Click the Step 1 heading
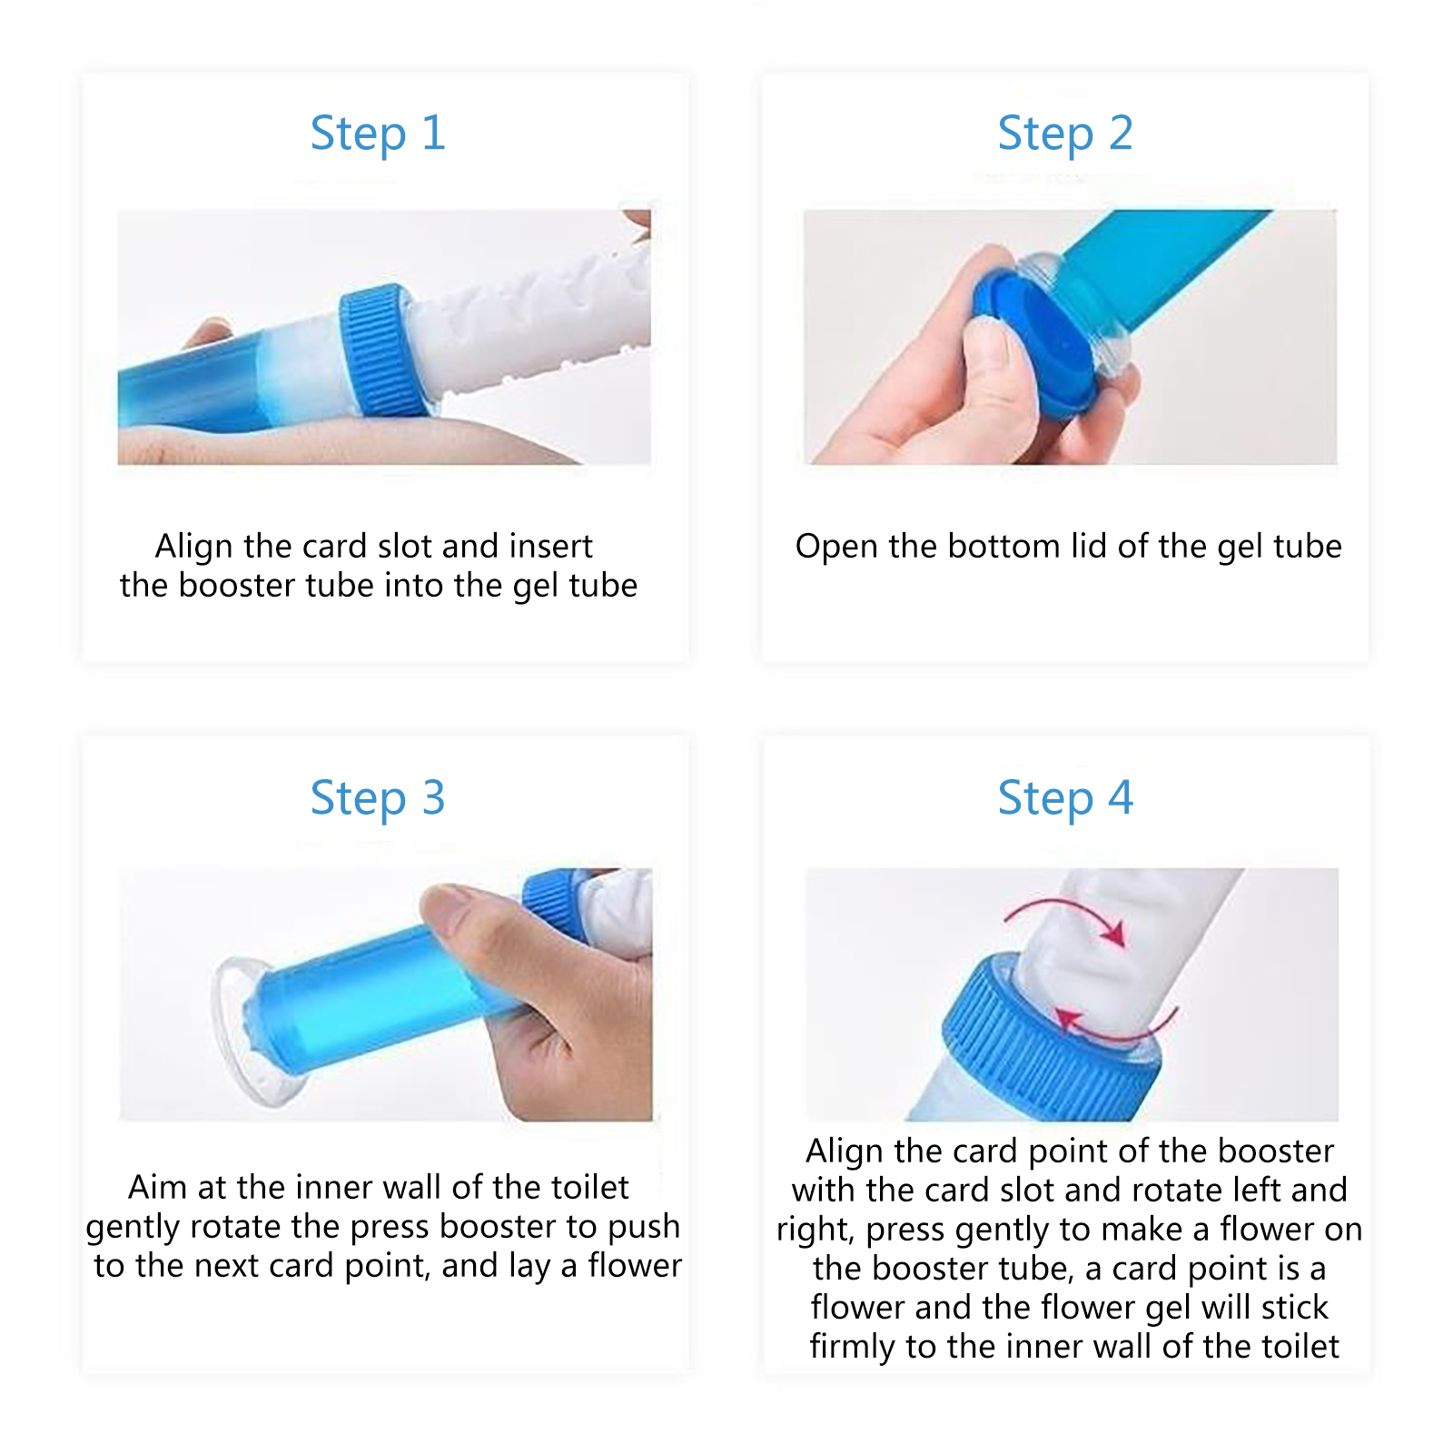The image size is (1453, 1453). [378, 134]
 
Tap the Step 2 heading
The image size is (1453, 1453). [1065, 134]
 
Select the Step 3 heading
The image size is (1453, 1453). [378, 799]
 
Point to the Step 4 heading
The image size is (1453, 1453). [1065, 799]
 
